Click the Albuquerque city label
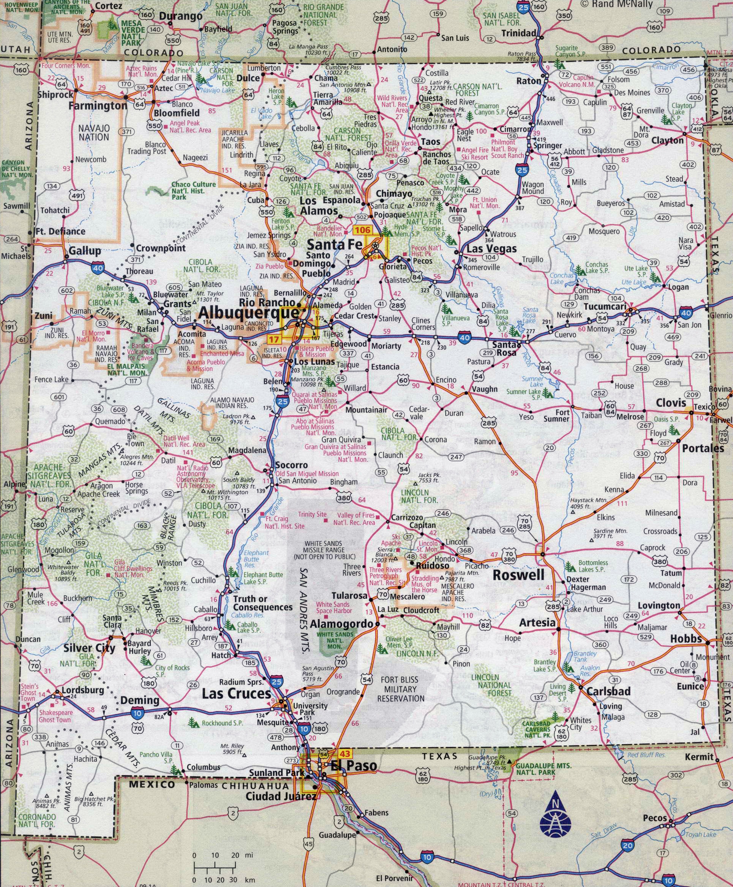point(248,313)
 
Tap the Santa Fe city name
point(335,244)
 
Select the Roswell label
point(518,575)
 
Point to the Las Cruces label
point(236,693)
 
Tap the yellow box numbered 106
point(362,230)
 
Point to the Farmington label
point(98,106)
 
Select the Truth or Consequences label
point(263,603)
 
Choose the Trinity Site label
point(312,514)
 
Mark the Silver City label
point(89,648)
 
